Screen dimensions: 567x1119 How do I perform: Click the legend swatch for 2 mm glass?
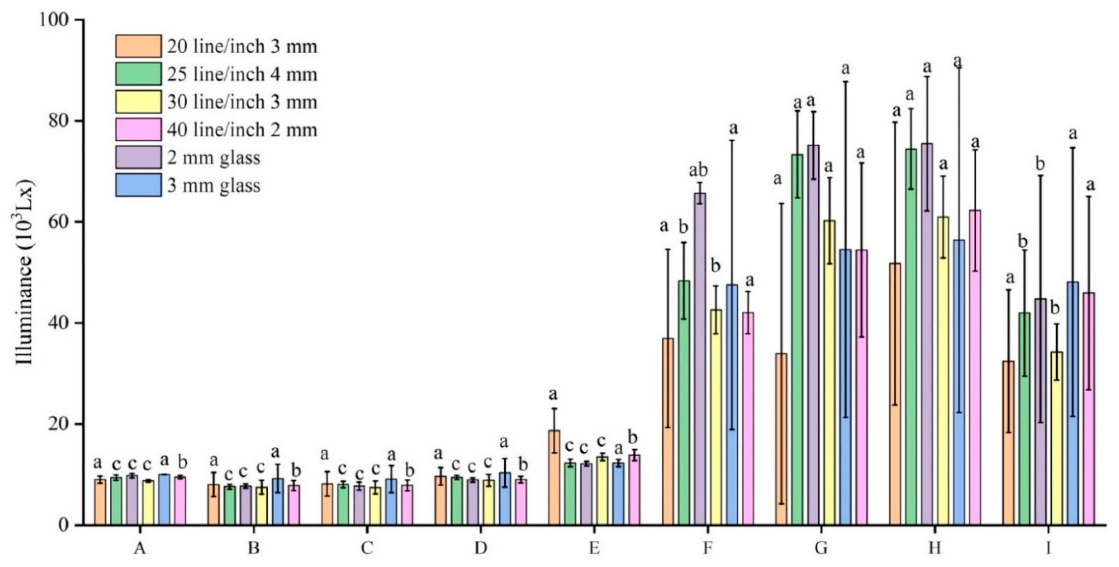click(138, 157)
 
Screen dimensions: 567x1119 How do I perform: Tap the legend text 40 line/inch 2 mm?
click(242, 129)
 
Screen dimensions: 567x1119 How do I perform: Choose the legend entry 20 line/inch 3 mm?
click(242, 47)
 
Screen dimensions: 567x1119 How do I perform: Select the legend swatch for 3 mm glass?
click(138, 185)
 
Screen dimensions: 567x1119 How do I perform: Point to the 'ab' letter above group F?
click(699, 169)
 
